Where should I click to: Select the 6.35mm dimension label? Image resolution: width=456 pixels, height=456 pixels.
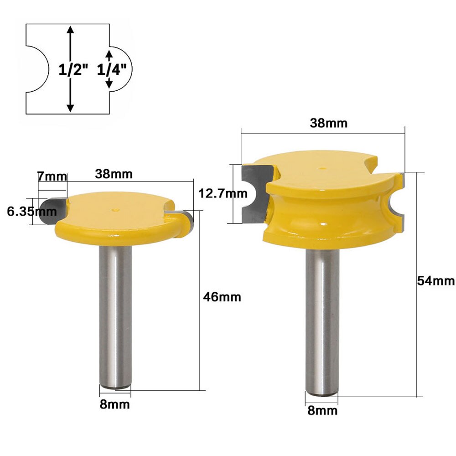(32, 211)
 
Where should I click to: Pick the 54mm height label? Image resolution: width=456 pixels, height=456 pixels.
(435, 281)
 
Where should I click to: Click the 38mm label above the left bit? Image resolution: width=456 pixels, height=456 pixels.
(114, 174)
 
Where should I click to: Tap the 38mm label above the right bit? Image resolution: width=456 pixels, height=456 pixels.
(328, 123)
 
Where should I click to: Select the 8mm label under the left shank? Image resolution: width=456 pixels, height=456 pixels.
(115, 404)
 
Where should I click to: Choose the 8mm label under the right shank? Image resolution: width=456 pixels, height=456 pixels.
(323, 410)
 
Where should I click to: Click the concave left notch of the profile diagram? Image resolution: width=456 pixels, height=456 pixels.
(36, 69)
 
